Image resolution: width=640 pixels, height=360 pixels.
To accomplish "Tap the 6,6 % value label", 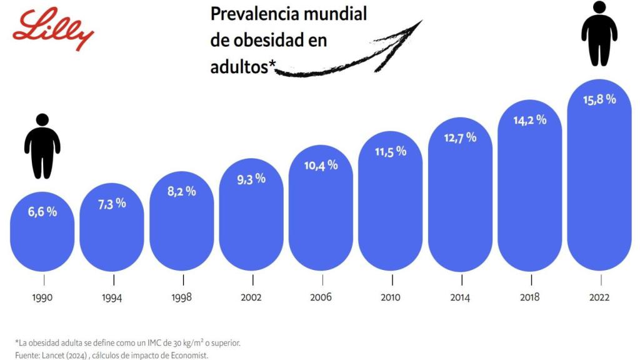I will pos(42,212).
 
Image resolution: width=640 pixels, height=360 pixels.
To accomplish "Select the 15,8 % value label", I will pos(599,99).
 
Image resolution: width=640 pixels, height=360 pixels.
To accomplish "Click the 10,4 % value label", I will pos(321,165).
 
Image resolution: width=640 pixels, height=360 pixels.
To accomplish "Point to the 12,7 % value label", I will pos(460,137).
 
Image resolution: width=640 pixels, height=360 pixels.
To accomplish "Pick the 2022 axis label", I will pos(599,297).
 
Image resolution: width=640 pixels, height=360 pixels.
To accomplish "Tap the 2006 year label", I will pos(321,297).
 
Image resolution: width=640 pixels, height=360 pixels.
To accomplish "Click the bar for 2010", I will pos(391,212).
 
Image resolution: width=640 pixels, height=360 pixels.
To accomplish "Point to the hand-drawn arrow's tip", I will pos(421,21).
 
